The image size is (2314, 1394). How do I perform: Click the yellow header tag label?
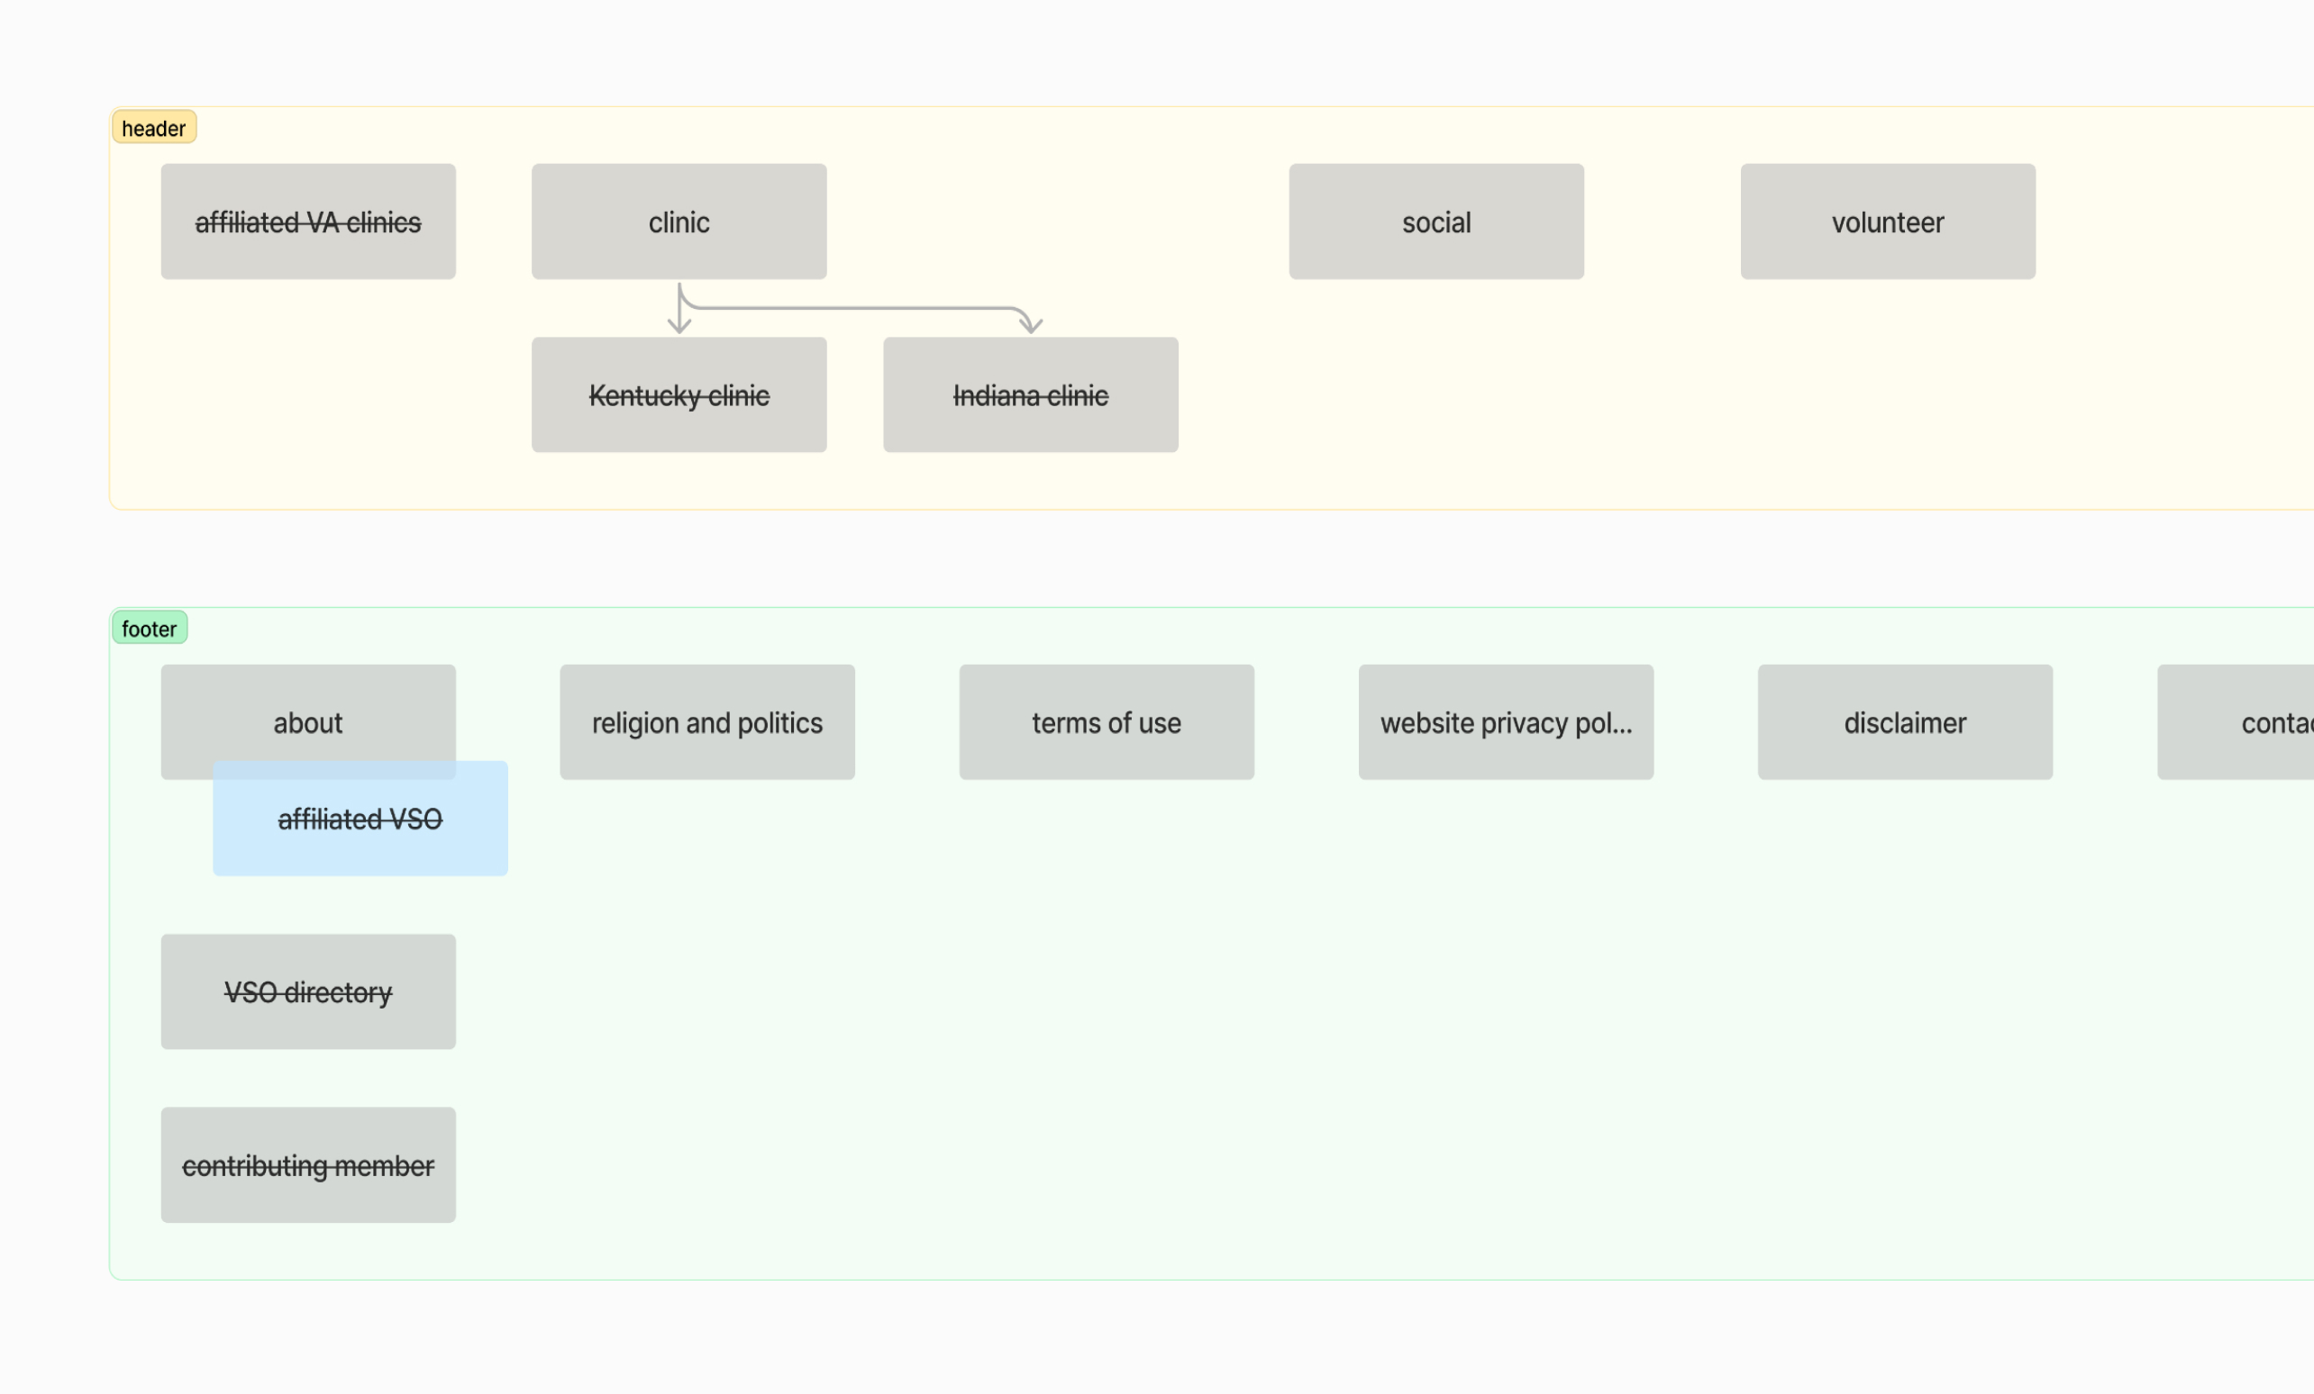tap(153, 128)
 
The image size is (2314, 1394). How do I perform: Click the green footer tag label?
tap(150, 628)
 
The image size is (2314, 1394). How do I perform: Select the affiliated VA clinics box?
tap(308, 222)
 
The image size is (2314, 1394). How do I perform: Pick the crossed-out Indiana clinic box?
tap(1030, 395)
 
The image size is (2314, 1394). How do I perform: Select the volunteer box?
tap(1887, 222)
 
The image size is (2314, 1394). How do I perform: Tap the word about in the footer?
tap(308, 723)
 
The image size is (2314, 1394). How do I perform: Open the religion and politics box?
tap(706, 723)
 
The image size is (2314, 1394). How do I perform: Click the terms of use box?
tap(1106, 723)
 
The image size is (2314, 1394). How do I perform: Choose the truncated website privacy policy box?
tap(1505, 723)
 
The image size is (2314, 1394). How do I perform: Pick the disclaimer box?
tap(1904, 723)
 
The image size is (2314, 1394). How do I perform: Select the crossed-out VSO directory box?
tap(308, 991)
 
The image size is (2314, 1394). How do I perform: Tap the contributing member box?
tap(308, 1164)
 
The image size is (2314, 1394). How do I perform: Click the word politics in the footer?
tap(779, 723)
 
